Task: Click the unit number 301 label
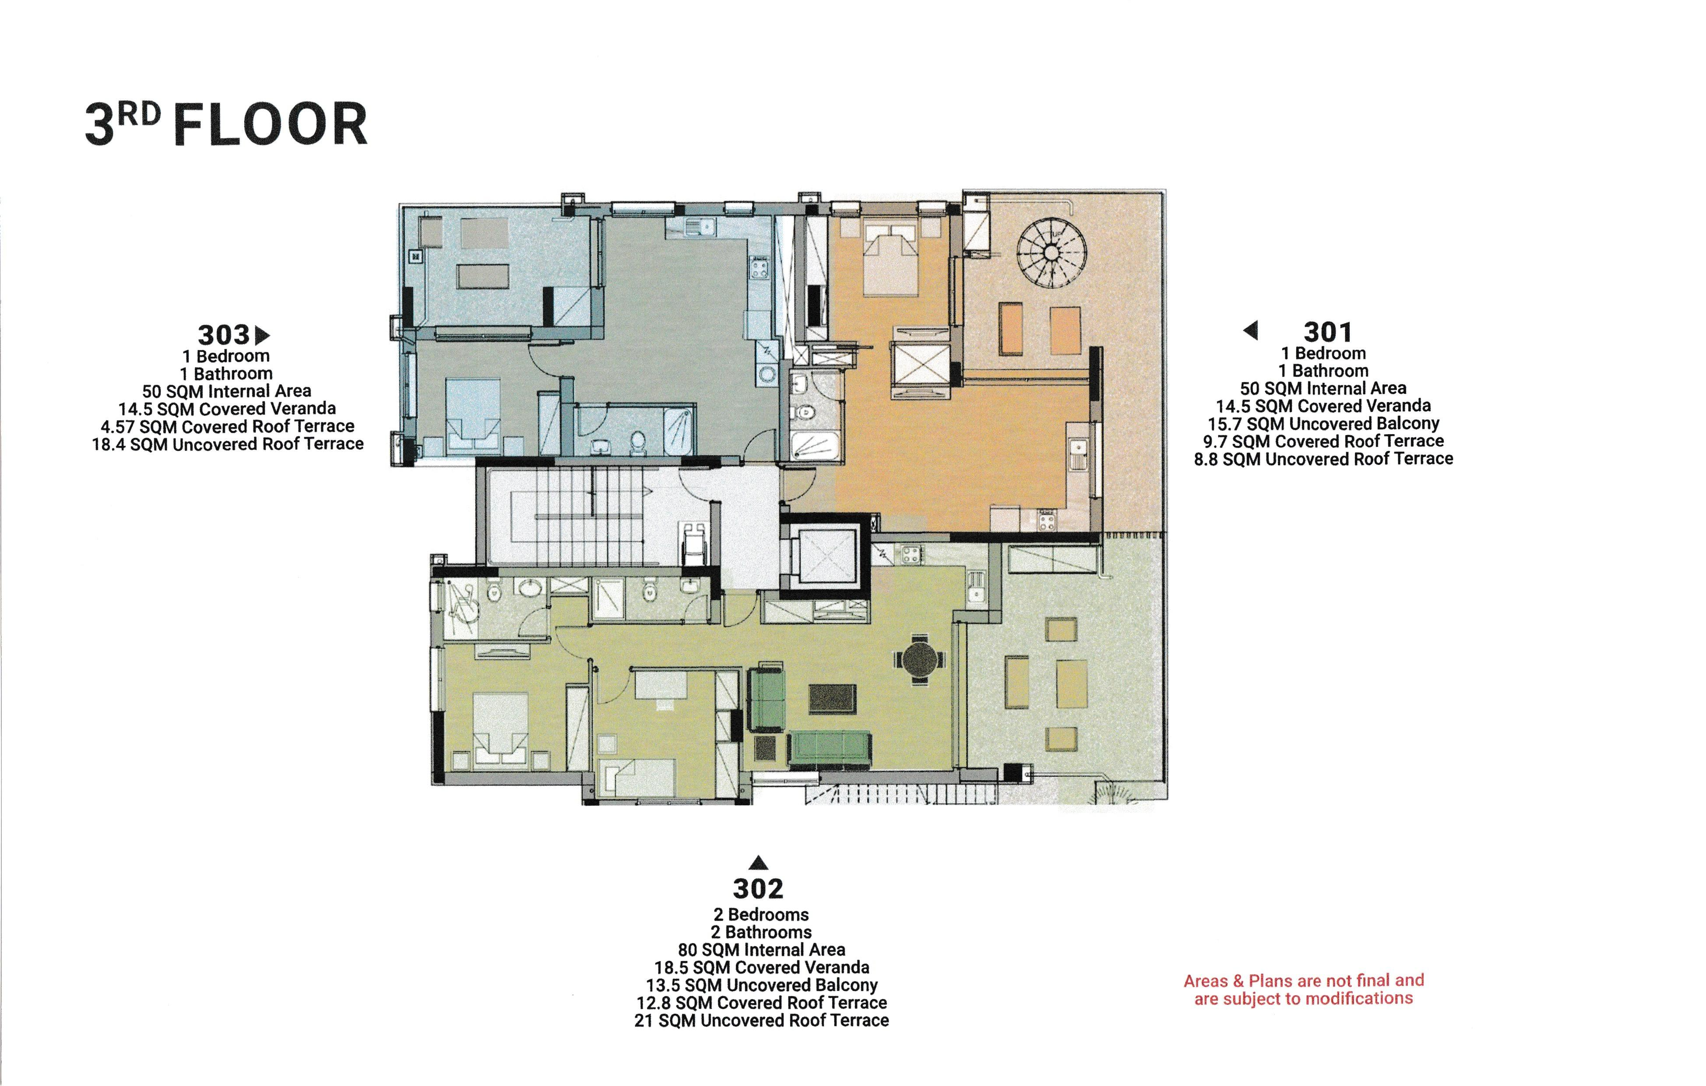click(1328, 332)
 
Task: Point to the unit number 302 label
click(758, 888)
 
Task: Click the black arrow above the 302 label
click(758, 863)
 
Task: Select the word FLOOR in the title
click(271, 125)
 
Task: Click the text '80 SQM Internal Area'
click(762, 950)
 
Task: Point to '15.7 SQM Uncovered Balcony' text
click(1323, 424)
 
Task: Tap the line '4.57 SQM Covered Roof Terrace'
click(227, 427)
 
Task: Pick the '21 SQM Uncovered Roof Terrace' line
click(762, 1021)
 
